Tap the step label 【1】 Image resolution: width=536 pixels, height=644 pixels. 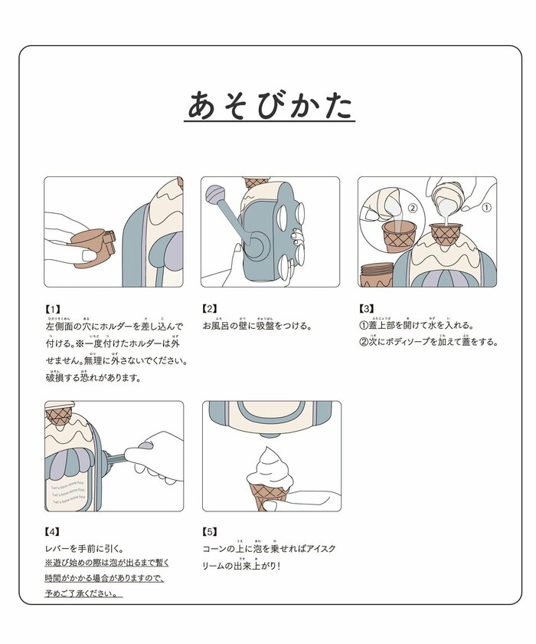(54, 308)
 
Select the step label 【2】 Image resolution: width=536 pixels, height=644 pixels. (211, 308)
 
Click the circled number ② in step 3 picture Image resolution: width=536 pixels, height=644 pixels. (411, 207)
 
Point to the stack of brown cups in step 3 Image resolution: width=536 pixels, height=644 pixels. (376, 272)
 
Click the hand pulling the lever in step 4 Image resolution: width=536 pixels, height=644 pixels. (157, 456)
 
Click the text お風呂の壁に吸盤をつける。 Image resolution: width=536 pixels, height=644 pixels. (257, 326)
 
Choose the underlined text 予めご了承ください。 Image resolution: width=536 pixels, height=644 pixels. (84, 593)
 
